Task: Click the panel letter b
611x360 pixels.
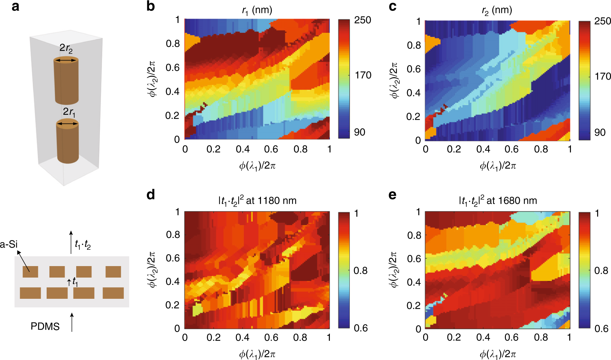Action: coord(150,7)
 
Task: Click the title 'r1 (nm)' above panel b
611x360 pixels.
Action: coord(257,10)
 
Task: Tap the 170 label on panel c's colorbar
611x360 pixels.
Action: coord(602,76)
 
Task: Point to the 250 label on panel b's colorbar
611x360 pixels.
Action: coord(362,20)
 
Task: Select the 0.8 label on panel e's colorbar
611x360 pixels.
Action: coord(601,271)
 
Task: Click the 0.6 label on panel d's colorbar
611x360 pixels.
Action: coord(360,328)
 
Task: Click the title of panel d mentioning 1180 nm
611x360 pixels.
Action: coord(257,201)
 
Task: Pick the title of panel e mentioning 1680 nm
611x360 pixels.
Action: coord(498,201)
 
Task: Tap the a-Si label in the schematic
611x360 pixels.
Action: coord(9,245)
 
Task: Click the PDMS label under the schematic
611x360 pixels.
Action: coord(45,326)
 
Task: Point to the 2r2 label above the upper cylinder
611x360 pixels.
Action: coord(66,48)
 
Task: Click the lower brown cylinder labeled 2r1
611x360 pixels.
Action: coord(68,143)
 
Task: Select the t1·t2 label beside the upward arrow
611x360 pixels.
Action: coord(83,245)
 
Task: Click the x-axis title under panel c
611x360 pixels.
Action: coord(498,166)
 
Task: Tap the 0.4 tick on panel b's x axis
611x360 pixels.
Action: coord(243,149)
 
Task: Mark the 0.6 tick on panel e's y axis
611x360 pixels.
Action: coord(414,258)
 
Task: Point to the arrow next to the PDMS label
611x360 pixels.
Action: coord(72,322)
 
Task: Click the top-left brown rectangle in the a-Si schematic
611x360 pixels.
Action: coord(30,272)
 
